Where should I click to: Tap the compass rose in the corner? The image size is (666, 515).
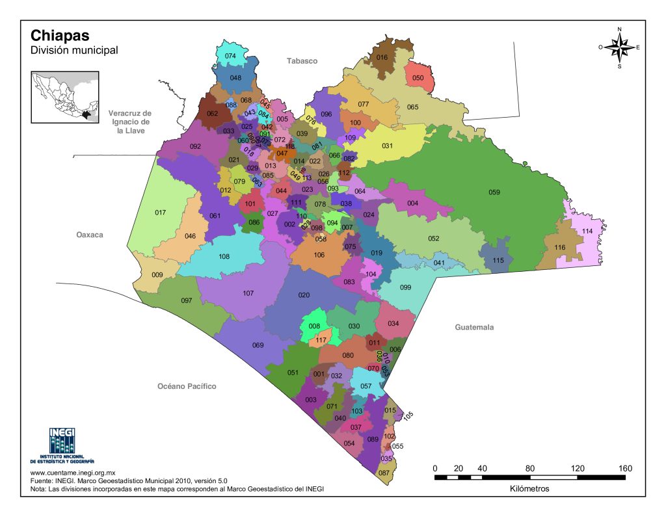point(619,47)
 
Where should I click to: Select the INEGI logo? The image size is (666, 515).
point(62,445)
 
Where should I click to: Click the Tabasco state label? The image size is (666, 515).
point(302,61)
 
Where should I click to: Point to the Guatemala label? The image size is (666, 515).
point(473,327)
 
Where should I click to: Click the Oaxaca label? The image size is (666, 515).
point(90,235)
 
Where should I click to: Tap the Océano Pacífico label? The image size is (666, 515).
point(187,386)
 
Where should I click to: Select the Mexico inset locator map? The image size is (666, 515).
point(65,96)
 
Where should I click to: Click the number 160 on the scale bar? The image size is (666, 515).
point(625,468)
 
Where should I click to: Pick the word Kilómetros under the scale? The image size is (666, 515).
point(529,488)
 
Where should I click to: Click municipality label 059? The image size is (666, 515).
point(494,192)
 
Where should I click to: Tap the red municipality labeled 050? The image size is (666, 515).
point(418,78)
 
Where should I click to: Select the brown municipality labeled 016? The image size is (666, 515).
point(382,58)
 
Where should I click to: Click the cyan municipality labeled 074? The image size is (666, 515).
point(230,56)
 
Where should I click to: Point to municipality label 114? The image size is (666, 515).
point(587,231)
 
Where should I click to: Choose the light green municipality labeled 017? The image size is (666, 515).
point(161,213)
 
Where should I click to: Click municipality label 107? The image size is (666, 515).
point(248,293)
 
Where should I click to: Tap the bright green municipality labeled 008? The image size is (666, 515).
point(314,326)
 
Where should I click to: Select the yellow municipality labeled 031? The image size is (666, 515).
point(387,146)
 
